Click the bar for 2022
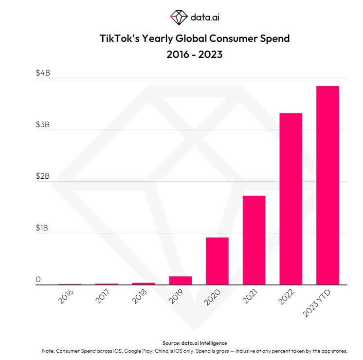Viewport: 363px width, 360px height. [290, 199]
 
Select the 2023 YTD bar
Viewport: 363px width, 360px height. [327, 185]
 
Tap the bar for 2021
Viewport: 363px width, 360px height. [254, 240]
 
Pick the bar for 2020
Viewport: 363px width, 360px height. [217, 261]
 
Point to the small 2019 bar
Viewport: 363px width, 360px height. [180, 281]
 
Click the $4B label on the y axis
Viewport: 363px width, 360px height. [43, 73]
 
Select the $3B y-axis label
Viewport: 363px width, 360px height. [43, 125]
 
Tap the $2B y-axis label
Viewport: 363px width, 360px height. [43, 176]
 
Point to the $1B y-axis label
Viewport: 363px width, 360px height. [43, 228]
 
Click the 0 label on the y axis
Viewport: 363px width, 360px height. [38, 280]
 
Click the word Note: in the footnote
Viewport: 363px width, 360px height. [50, 351]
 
